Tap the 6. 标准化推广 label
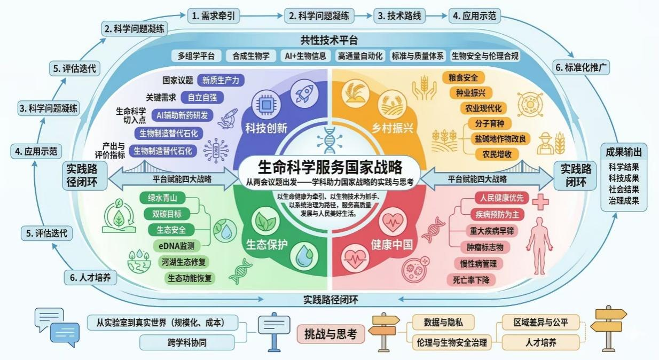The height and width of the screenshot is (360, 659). pos(582,68)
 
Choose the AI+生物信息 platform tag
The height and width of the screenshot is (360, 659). pos(304,56)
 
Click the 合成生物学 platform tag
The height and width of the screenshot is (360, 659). pos(251,56)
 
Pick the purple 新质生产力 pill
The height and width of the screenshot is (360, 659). pos(221,81)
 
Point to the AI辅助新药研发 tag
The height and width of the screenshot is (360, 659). pos(182,115)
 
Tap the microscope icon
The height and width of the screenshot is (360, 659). pos(229,118)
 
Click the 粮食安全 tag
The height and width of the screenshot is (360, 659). pos(463,78)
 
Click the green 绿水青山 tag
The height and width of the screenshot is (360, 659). pos(166,198)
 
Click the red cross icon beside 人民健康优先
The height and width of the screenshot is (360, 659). pos(540,202)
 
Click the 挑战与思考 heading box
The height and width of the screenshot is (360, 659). pos(330,335)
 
